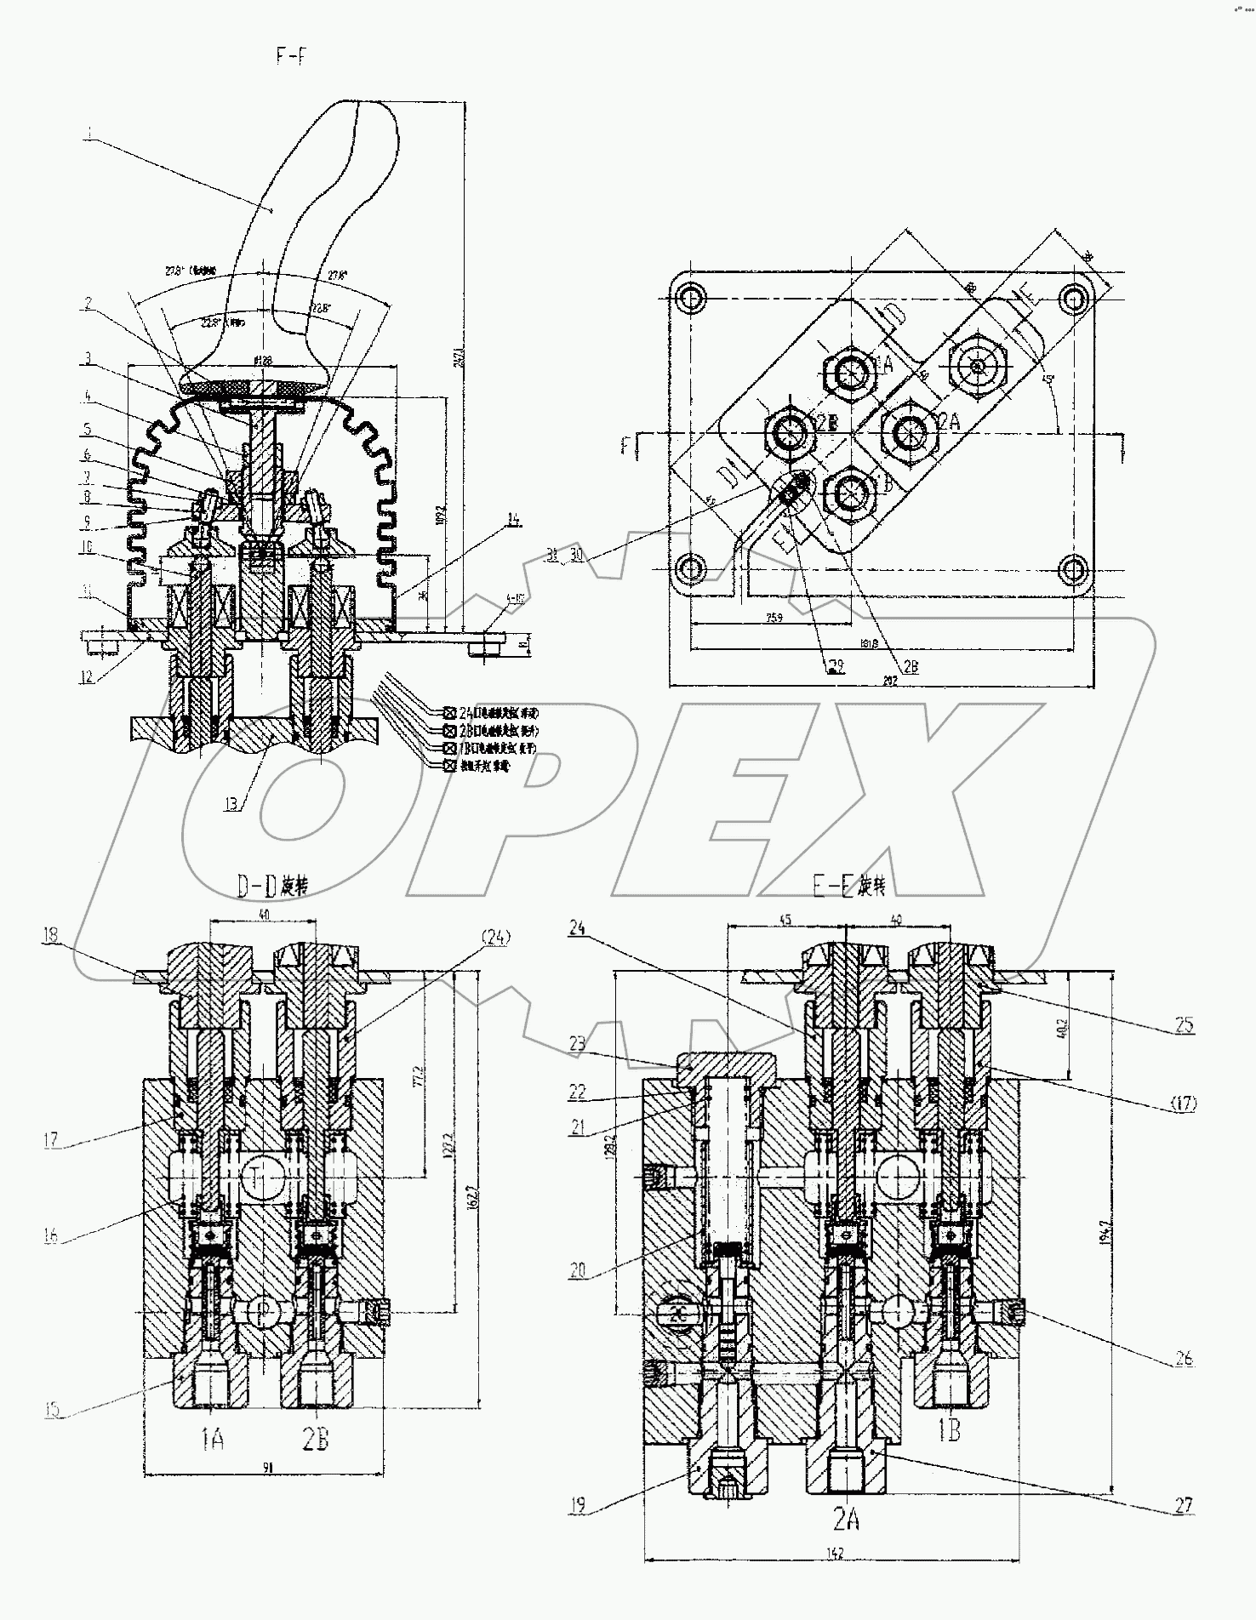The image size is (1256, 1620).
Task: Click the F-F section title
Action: (x=289, y=57)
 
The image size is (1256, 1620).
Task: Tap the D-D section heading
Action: (x=271, y=886)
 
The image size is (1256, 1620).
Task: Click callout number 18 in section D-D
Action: (x=51, y=935)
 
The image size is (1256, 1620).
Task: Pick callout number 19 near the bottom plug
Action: (x=579, y=1506)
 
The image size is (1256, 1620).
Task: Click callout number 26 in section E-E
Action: (x=1183, y=1359)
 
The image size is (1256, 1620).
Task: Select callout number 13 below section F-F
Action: (x=232, y=802)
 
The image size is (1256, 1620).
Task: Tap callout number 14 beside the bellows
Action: (x=513, y=520)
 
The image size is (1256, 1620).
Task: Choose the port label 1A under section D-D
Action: (x=212, y=1440)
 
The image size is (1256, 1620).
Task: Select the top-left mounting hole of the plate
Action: (x=691, y=298)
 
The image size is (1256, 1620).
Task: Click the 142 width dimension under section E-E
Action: (x=835, y=1554)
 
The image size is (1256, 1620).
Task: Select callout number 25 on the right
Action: (x=1184, y=1026)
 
